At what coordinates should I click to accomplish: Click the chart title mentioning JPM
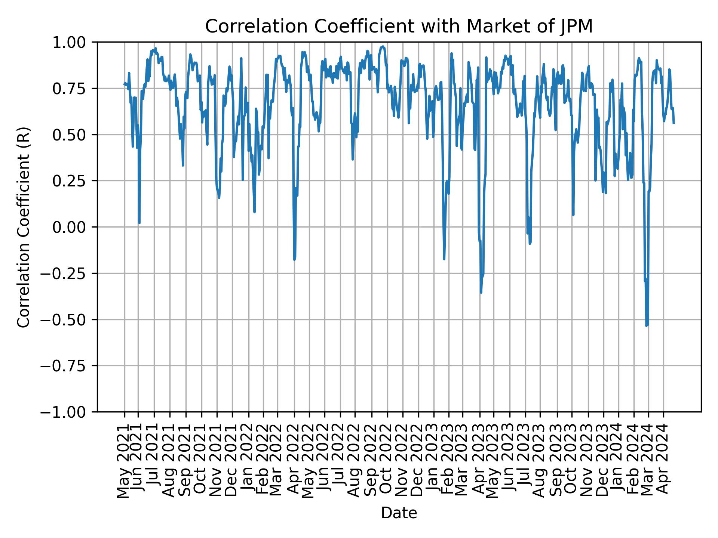click(x=399, y=27)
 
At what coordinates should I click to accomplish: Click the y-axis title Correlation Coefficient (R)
click(x=24, y=227)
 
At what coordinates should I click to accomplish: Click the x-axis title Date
click(x=399, y=513)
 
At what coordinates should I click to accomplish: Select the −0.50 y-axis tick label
click(x=67, y=320)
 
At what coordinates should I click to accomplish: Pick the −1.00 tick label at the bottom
click(x=67, y=412)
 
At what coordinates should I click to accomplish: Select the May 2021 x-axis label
click(x=124, y=461)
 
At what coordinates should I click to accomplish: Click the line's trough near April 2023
click(x=481, y=292)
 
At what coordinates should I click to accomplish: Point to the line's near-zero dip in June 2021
click(x=139, y=223)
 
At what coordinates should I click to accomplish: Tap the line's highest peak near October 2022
click(x=383, y=47)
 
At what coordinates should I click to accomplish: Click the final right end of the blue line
click(x=674, y=123)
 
